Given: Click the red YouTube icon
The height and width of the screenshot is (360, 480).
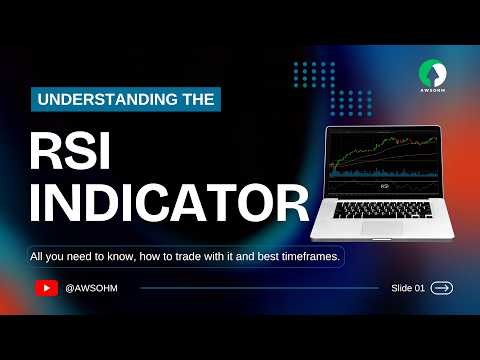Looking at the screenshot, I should pos(46,288).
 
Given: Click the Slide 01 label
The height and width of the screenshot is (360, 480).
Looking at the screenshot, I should pos(407,288).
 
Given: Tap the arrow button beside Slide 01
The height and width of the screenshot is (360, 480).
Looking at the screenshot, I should pos(441,288).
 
